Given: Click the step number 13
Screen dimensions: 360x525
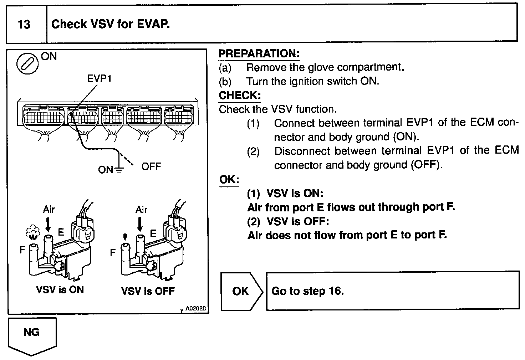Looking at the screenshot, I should click(24, 25).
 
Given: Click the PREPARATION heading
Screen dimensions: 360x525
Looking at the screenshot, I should click(259, 53).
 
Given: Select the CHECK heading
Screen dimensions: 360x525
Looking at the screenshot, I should click(239, 95).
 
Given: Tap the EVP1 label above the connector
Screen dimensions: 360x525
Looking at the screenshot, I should click(99, 78).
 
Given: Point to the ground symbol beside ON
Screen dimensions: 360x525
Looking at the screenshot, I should click(119, 170).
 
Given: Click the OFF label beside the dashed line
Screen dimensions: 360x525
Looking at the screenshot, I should click(151, 166).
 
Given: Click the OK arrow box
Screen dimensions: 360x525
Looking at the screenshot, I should click(241, 291).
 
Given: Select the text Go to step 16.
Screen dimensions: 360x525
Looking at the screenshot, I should click(307, 291).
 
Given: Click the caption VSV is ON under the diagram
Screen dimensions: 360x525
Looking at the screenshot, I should click(60, 289).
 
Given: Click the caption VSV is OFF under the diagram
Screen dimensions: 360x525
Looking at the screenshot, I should click(148, 291).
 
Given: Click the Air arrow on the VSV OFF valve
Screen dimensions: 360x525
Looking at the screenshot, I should click(140, 225).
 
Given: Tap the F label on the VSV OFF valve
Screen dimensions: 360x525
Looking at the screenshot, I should click(113, 253).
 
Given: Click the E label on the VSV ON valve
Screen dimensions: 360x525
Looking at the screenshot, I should click(61, 232).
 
